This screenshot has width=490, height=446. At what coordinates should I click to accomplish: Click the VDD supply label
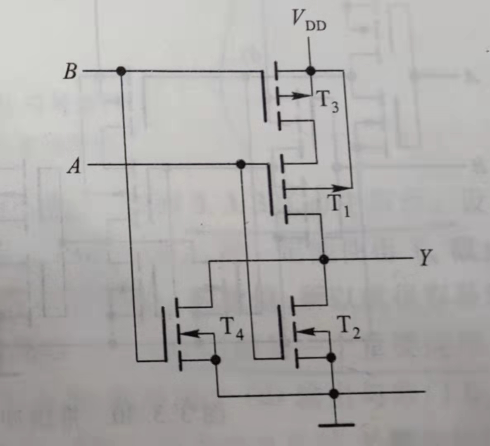(x=308, y=20)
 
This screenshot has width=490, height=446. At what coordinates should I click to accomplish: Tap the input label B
(x=70, y=72)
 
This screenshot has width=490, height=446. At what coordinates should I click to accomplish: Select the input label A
(x=74, y=167)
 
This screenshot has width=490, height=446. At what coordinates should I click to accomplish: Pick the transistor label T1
(x=339, y=205)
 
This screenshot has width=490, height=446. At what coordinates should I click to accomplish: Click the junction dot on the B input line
(x=121, y=71)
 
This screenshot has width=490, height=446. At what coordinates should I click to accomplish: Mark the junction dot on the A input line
(x=240, y=165)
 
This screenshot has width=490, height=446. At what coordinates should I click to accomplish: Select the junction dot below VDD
(x=311, y=71)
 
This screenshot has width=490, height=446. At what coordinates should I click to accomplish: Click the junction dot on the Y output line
(x=324, y=259)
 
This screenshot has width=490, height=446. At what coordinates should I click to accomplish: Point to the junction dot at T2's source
(x=331, y=357)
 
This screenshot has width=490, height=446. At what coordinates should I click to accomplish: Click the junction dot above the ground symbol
(x=334, y=394)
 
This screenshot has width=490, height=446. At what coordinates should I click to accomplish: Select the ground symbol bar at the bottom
(x=336, y=424)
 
